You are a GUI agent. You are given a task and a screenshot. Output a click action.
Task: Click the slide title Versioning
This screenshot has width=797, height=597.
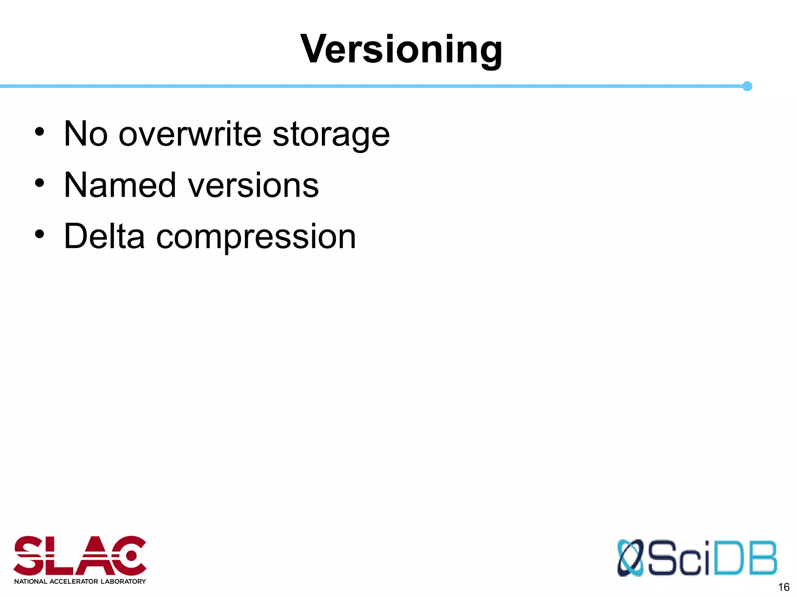pos(401,49)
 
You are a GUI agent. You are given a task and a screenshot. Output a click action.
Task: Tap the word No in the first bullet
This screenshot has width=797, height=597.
pos(86,134)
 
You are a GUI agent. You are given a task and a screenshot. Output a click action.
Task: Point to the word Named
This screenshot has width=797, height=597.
pos(120,185)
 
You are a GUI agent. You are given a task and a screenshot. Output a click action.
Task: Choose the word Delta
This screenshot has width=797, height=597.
pos(104,236)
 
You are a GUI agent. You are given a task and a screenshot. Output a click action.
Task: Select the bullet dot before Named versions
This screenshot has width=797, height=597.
pos(39,183)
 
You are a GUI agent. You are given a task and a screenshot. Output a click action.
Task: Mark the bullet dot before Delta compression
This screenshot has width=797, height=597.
pos(39,234)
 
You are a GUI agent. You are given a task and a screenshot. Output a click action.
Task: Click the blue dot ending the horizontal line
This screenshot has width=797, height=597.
pos(747,86)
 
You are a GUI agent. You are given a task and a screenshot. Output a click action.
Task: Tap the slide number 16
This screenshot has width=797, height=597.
pos(783,587)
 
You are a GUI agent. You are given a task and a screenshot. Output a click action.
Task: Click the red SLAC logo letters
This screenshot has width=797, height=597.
pos(80,555)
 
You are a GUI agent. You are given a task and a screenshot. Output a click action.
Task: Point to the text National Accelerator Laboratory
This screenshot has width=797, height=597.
pos(80,581)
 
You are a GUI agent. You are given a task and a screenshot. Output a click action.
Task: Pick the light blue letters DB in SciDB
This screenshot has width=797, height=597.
pos(746,558)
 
